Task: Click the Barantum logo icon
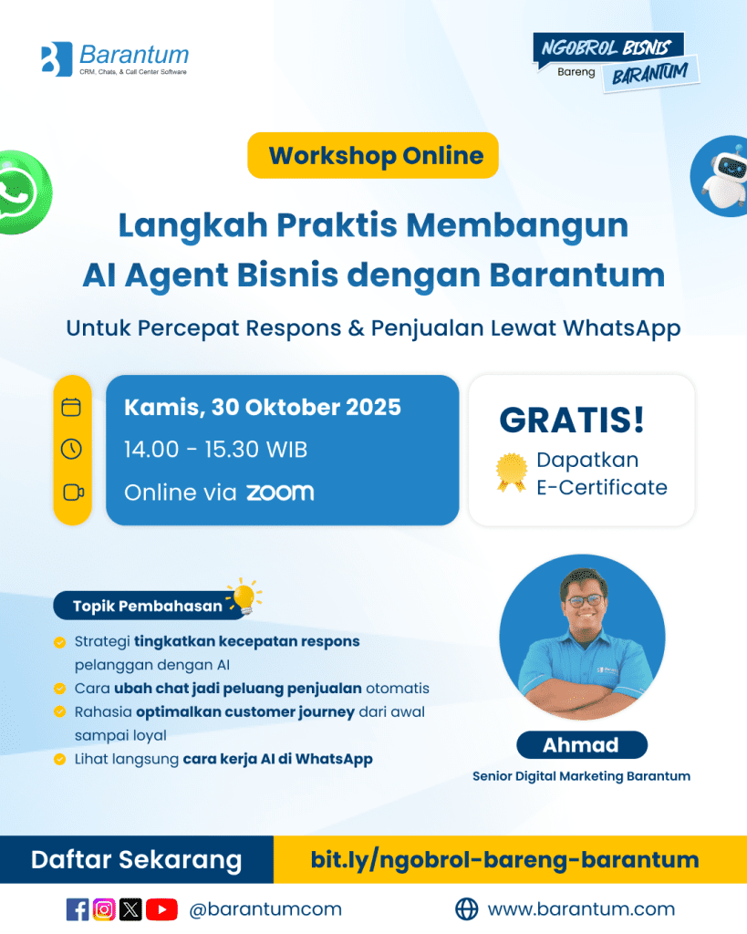(57, 59)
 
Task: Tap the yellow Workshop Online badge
(373, 155)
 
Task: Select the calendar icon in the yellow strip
(71, 407)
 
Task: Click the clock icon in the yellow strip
(71, 449)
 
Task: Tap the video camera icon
(73, 493)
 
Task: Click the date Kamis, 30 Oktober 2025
(262, 408)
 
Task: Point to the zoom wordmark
(280, 492)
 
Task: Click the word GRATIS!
(572, 420)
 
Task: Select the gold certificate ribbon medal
(512, 472)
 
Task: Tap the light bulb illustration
(244, 597)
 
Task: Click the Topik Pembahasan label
(147, 606)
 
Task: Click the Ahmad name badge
(581, 744)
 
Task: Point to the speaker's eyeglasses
(585, 600)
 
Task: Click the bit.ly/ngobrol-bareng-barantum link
(504, 859)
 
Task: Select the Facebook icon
(78, 909)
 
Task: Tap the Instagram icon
(104, 909)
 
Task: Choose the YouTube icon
(161, 909)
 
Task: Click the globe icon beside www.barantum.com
(466, 909)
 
